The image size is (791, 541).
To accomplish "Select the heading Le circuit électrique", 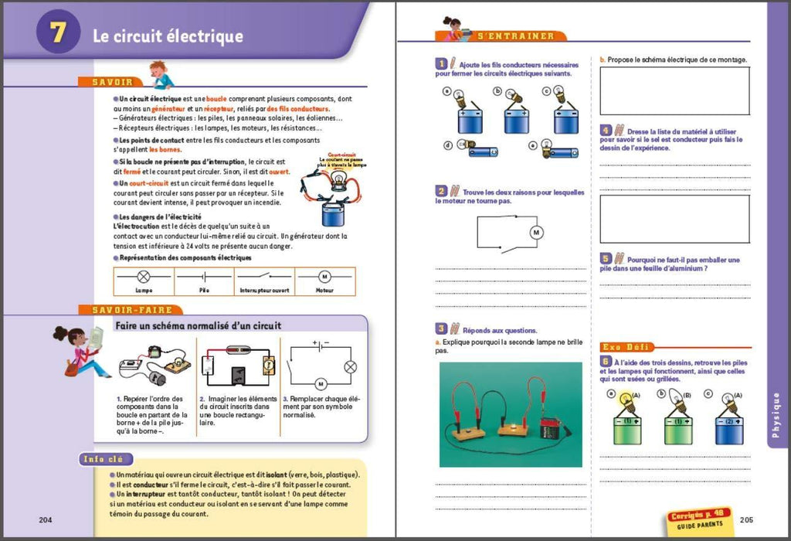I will [168, 36].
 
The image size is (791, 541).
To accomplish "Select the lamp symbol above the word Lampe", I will [144, 276].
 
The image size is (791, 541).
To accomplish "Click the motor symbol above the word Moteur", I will [324, 276].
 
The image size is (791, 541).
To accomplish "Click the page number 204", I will [46, 519].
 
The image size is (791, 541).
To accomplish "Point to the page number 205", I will [746, 519].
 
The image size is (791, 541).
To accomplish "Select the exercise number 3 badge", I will [441, 328].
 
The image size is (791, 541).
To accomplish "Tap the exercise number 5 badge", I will [606, 259].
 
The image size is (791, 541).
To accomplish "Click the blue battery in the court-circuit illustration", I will [334, 211].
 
